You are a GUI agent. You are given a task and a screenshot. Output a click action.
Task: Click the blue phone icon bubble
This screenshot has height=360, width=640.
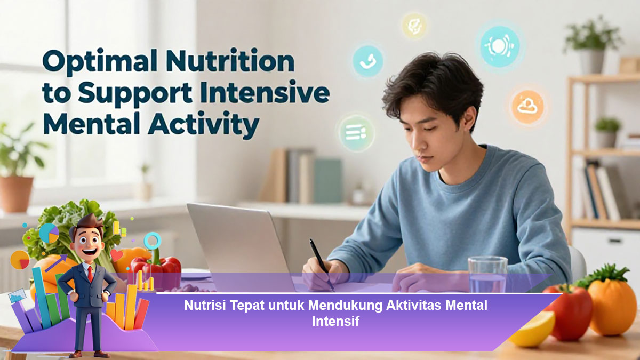[x=367, y=61]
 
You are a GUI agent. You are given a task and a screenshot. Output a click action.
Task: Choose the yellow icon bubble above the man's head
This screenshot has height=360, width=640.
[x=414, y=26]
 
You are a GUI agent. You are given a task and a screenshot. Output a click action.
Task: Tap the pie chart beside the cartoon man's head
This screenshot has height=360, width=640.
[x=49, y=233]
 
